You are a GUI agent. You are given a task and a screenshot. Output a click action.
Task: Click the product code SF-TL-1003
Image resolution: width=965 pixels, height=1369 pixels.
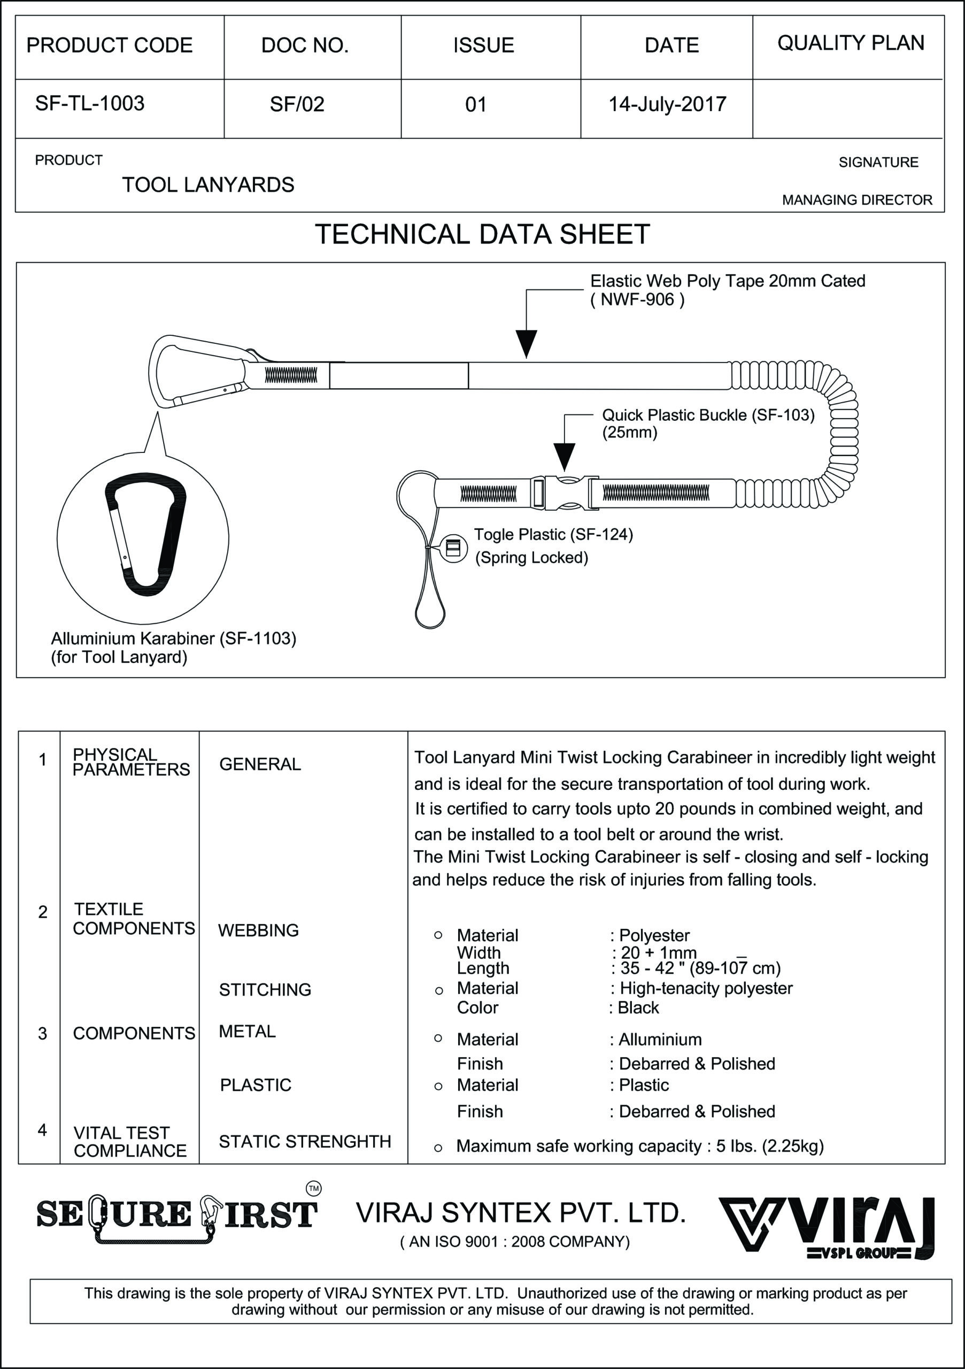tap(90, 104)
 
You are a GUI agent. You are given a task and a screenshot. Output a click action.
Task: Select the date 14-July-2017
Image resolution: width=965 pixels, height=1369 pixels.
tap(667, 104)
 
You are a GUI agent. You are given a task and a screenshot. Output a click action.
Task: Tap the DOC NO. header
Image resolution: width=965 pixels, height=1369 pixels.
tap(305, 45)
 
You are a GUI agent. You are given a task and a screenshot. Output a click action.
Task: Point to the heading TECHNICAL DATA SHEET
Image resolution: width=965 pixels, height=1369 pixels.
tap(482, 234)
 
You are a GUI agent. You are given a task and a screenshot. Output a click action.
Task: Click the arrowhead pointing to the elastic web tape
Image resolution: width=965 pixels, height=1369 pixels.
tap(526, 343)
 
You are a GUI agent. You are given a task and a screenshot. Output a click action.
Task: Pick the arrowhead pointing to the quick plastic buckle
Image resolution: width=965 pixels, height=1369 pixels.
tap(564, 456)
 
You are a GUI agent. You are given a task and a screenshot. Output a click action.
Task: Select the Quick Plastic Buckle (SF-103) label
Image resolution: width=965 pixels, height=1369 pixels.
tap(707, 415)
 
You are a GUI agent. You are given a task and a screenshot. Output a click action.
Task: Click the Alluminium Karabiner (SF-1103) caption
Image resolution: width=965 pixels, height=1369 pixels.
tap(173, 639)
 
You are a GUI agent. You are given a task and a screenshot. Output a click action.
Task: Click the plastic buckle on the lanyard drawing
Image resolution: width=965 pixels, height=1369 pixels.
tap(565, 493)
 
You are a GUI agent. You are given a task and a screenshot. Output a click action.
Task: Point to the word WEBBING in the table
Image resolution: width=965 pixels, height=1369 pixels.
tap(258, 930)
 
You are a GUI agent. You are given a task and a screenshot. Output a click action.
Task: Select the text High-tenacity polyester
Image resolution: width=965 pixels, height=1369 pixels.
tap(706, 988)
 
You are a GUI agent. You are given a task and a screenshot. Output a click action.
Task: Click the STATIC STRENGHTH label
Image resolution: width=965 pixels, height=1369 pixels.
tap(305, 1141)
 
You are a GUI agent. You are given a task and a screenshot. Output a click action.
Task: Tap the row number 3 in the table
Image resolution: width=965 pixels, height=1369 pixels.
tap(42, 1033)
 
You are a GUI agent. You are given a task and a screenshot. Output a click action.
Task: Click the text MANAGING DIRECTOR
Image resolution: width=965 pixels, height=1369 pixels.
tap(856, 201)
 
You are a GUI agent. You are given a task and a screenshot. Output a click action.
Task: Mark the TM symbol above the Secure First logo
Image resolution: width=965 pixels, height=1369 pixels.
tap(313, 1188)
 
